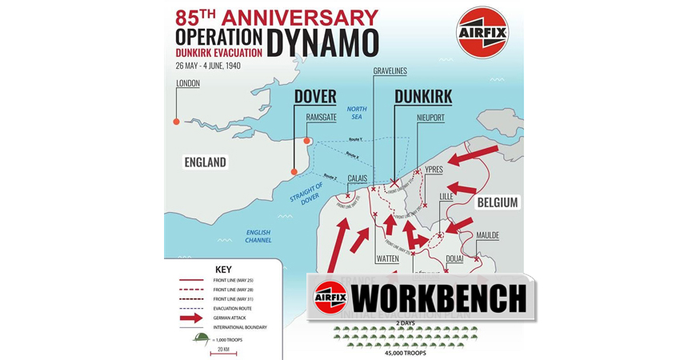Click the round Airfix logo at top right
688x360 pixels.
(x=482, y=33)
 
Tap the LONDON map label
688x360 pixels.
(x=188, y=83)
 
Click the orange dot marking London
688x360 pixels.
(x=176, y=122)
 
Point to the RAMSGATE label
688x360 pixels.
(x=322, y=117)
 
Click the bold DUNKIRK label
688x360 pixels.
(x=423, y=97)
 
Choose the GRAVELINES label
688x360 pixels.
(x=390, y=70)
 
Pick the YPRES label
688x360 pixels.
(x=434, y=169)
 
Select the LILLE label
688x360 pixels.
(x=446, y=196)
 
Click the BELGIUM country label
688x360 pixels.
(x=498, y=202)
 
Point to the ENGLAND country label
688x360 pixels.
(x=205, y=162)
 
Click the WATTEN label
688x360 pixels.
(x=387, y=259)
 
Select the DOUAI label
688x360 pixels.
(x=454, y=259)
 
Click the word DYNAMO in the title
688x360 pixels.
(x=322, y=43)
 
